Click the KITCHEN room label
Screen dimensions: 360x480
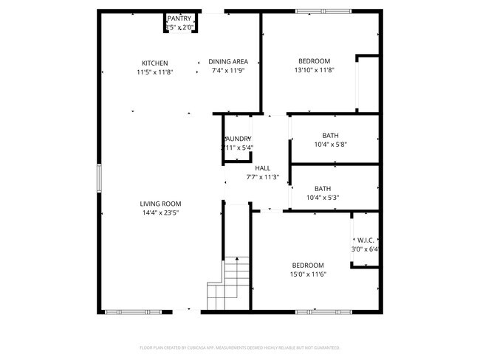point(155,63)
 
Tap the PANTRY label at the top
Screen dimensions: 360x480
point(179,18)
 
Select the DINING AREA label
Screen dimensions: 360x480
point(228,62)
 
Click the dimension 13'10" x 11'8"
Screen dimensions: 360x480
point(314,71)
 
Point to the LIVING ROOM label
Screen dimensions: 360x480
point(160,204)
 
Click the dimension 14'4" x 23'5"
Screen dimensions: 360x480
point(160,212)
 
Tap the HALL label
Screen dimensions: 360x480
point(262,168)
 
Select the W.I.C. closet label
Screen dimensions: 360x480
point(366,240)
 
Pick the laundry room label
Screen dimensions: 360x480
point(239,139)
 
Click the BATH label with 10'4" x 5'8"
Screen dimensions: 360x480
point(330,135)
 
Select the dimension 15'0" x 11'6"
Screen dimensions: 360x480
point(308,274)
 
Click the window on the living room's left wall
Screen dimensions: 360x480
point(98,178)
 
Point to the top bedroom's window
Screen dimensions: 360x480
point(321,11)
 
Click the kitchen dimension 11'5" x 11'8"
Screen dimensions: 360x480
point(155,72)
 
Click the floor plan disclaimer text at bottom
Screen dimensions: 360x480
point(240,347)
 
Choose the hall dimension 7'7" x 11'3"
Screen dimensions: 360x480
point(262,177)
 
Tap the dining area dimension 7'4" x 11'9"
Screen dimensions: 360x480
point(228,71)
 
